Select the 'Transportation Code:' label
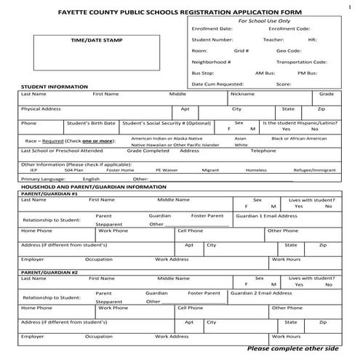click(x=301, y=62)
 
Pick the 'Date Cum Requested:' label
click(x=217, y=84)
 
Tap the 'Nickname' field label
click(x=242, y=95)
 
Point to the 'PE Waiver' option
click(x=166, y=169)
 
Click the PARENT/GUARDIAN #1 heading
click(x=49, y=193)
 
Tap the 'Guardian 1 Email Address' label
click(x=267, y=216)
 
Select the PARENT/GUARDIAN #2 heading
click(x=49, y=271)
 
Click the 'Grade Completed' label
click(x=148, y=151)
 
